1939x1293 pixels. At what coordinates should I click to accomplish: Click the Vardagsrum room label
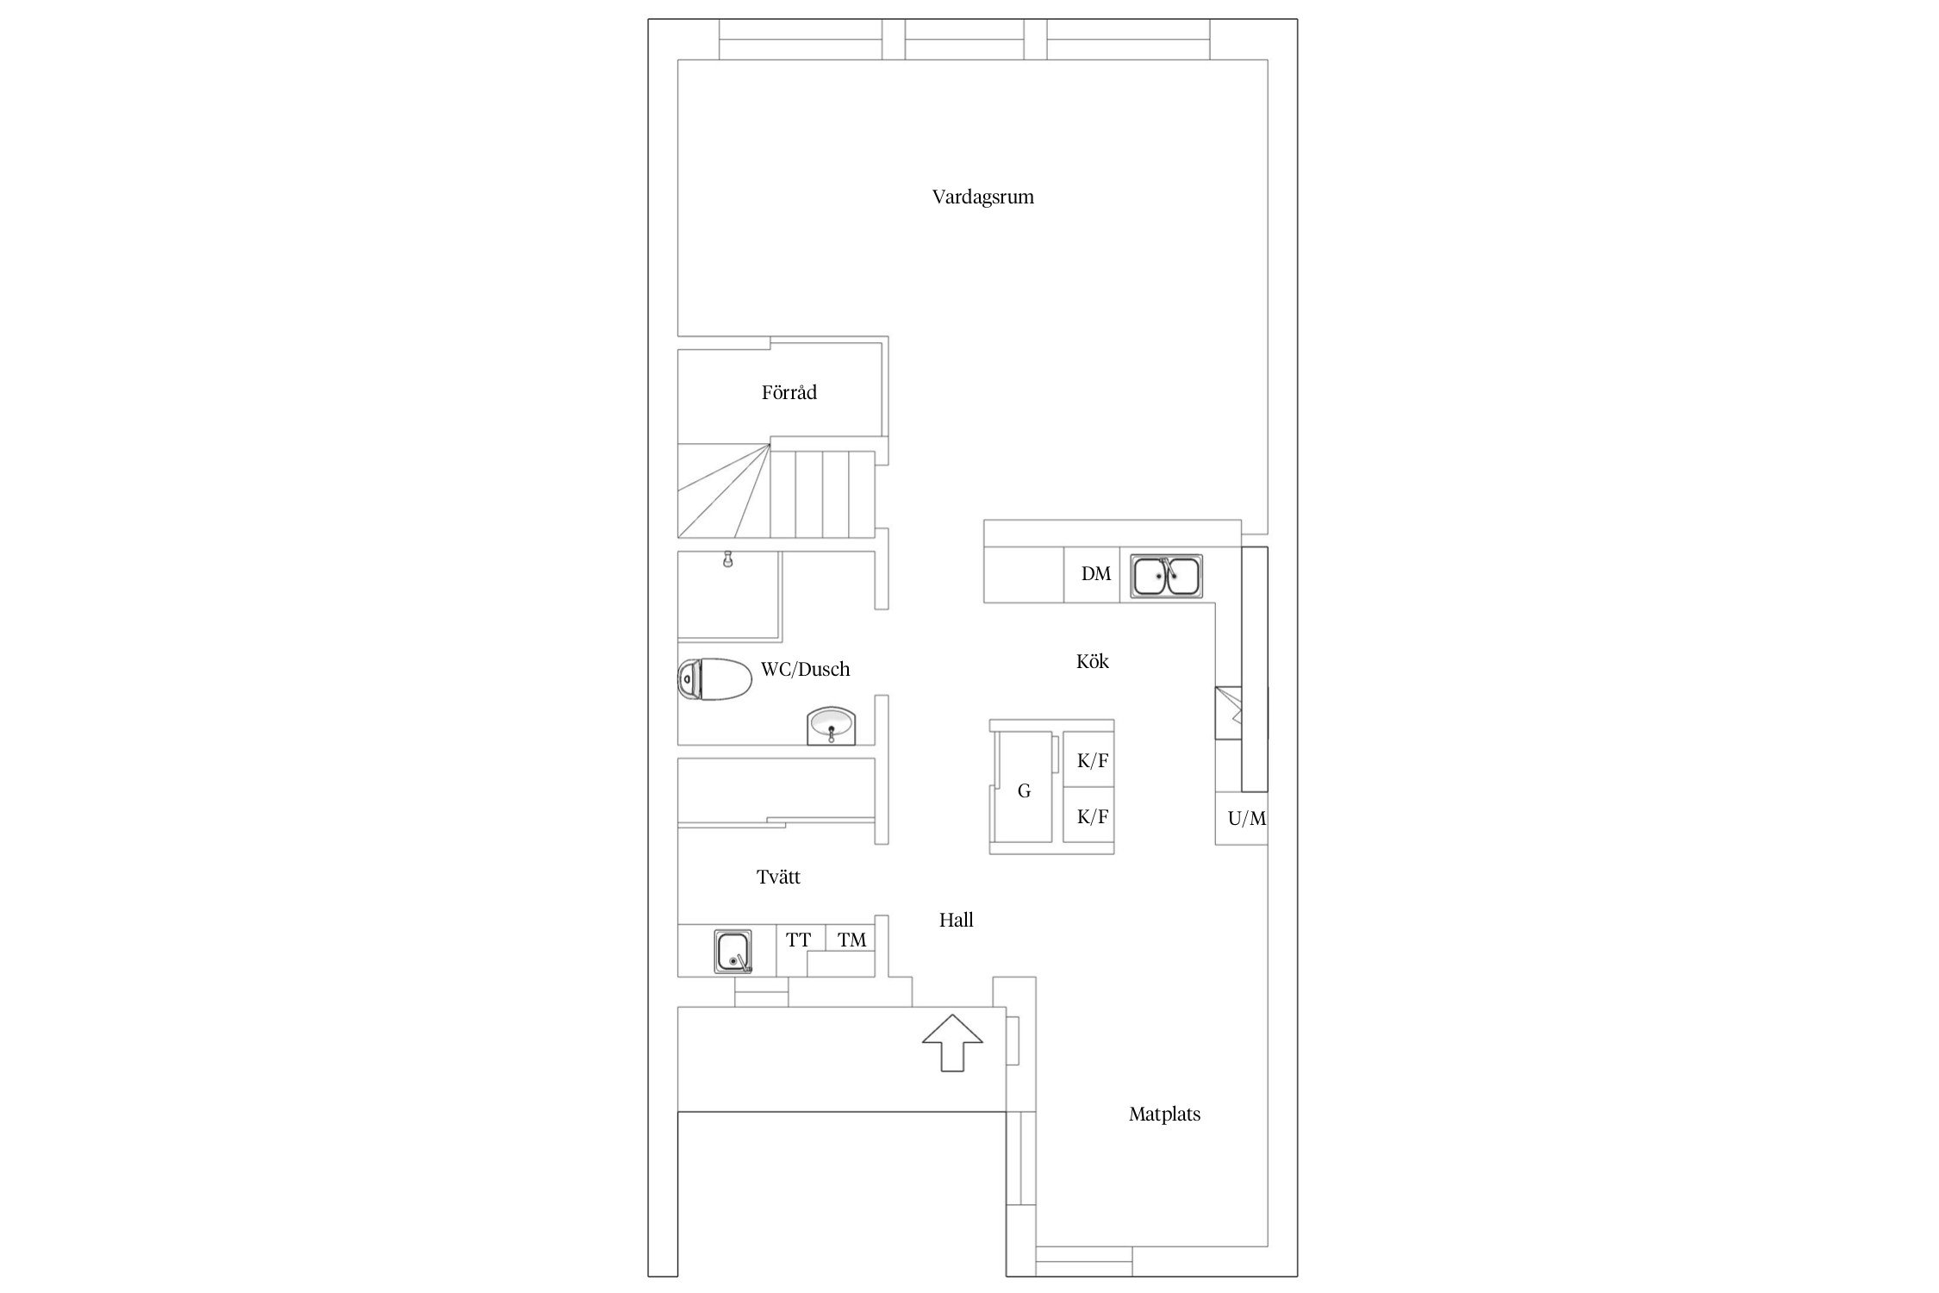coord(982,197)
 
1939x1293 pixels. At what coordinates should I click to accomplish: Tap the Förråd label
coord(789,392)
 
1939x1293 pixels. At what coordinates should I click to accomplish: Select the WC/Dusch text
coord(805,669)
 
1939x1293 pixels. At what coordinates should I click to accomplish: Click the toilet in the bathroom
coord(714,679)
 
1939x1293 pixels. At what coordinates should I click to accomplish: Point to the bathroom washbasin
coord(832,726)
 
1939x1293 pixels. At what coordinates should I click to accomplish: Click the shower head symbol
coord(728,559)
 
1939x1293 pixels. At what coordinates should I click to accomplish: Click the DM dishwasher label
coord(1096,573)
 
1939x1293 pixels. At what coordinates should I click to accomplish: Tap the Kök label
coord(1093,661)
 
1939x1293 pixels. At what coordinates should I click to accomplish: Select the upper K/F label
coord(1093,760)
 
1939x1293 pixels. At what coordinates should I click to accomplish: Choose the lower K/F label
coord(1093,816)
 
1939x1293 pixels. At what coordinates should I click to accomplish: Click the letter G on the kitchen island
coord(1024,790)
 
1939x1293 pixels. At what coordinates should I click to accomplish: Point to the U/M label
coord(1247,818)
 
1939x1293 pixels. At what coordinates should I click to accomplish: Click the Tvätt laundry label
coord(778,877)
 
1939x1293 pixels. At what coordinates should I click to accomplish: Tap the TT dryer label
coord(798,940)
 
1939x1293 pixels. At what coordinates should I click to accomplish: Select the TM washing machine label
coord(851,940)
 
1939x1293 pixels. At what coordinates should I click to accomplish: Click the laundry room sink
coord(733,952)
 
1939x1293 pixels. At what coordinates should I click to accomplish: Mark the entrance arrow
coord(952,1042)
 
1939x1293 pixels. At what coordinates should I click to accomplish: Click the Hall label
coord(956,920)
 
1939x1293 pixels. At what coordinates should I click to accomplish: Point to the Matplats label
coord(1164,1114)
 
